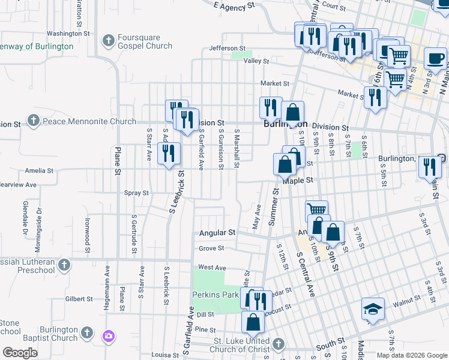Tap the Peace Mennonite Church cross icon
(x=34, y=122)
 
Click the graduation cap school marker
(x=373, y=309)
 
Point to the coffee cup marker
(x=436, y=58)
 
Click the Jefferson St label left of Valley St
(x=227, y=48)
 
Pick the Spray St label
(x=136, y=193)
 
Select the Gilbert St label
(x=79, y=298)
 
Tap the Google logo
(x=20, y=353)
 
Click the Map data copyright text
(x=412, y=355)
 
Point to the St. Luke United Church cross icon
(x=278, y=344)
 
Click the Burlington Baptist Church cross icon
(x=86, y=332)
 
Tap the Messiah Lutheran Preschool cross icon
(x=65, y=265)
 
